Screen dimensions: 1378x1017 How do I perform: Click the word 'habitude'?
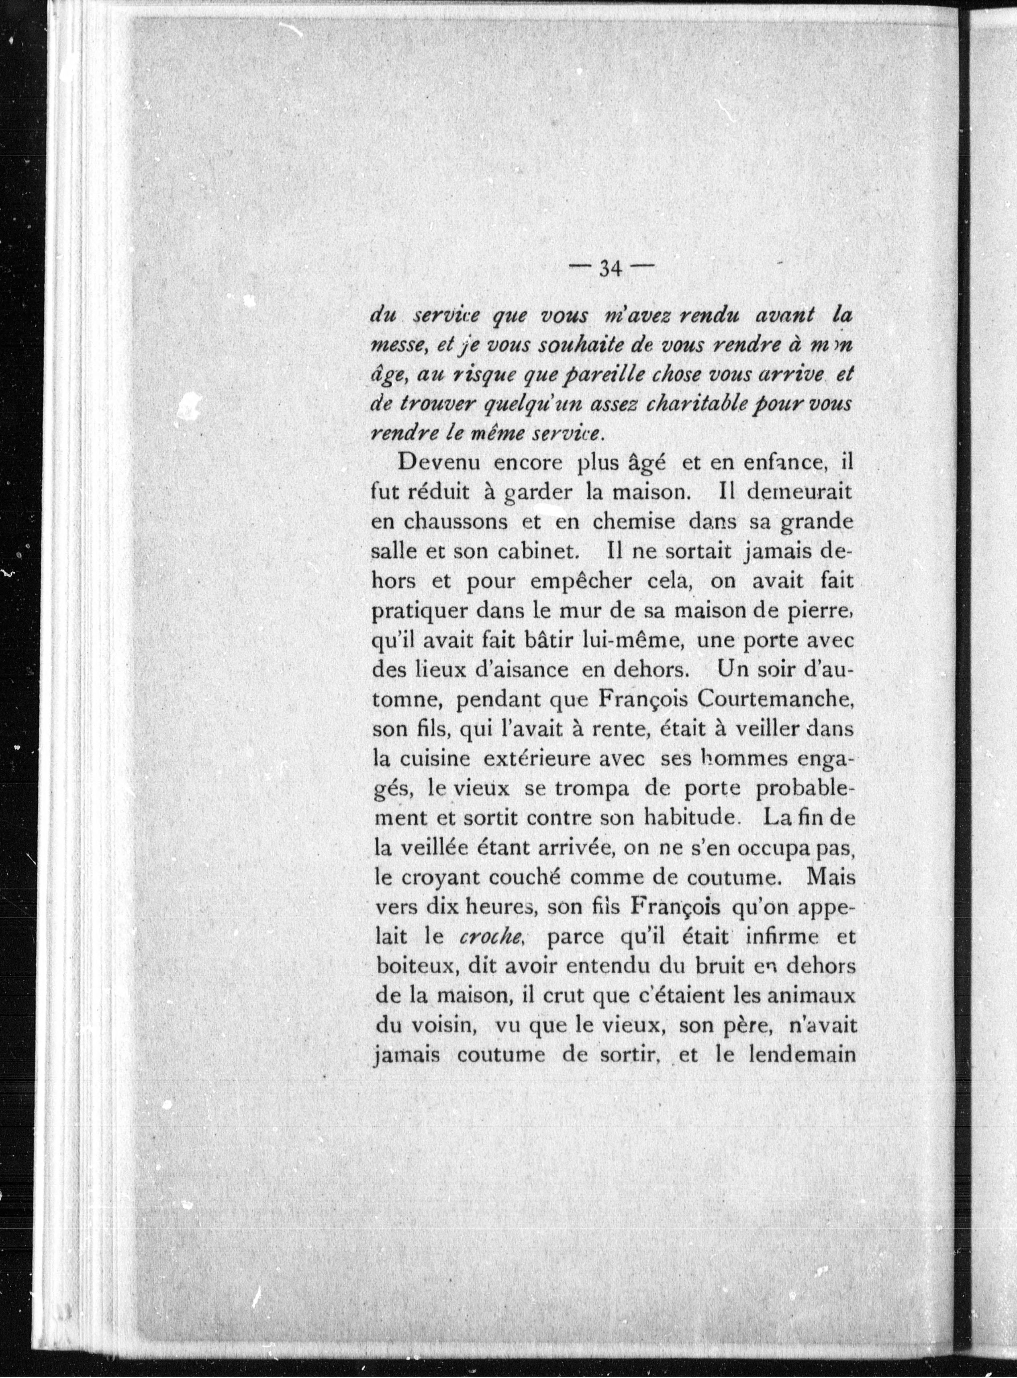pyautogui.click(x=689, y=818)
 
